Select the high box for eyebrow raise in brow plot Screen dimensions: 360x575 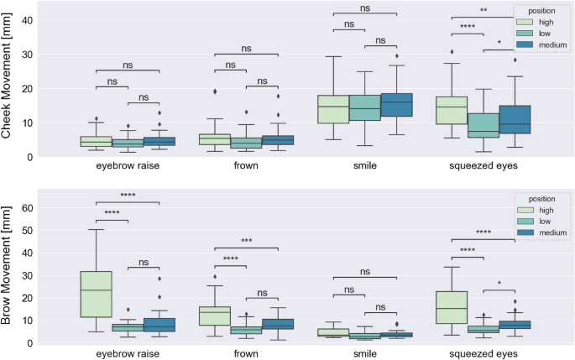(x=96, y=294)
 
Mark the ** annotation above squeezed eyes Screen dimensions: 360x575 (x=484, y=12)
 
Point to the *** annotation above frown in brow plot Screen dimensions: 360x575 (x=246, y=242)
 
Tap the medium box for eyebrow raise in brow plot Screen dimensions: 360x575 (x=159, y=325)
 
